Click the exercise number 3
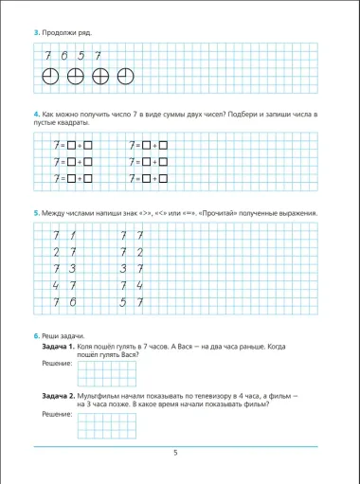[x=36, y=33]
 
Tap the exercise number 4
[x=36, y=113]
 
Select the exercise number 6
[x=36, y=335]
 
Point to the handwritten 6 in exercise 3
[x=64, y=56]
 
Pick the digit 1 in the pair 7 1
[x=74, y=235]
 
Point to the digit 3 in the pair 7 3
[x=74, y=268]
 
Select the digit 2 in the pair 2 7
[x=58, y=252]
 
